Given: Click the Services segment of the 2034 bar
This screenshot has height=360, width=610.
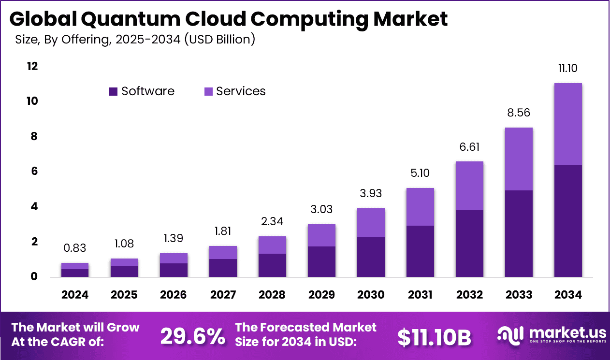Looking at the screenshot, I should pyautogui.click(x=567, y=124).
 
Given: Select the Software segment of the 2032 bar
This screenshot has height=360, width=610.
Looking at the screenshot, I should pyautogui.click(x=469, y=244).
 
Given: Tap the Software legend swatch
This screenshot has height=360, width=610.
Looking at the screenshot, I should pyautogui.click(x=114, y=91).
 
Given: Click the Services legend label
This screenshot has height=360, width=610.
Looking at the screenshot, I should pyautogui.click(x=241, y=91).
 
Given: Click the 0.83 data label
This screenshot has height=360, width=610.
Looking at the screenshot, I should pyautogui.click(x=75, y=248).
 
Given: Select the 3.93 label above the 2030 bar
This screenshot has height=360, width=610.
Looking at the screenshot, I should pyautogui.click(x=371, y=194).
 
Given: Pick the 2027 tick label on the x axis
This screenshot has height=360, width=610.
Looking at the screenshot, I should pyautogui.click(x=223, y=295).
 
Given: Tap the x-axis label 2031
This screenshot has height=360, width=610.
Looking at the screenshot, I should pyautogui.click(x=421, y=295).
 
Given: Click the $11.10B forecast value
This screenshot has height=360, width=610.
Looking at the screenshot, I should pyautogui.click(x=434, y=338).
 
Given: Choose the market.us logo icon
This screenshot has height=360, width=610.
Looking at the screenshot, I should pyautogui.click(x=511, y=334).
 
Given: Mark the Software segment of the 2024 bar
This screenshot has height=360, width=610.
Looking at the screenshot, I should pyautogui.click(x=75, y=273).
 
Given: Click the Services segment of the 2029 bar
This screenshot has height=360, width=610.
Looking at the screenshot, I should pyautogui.click(x=321, y=235).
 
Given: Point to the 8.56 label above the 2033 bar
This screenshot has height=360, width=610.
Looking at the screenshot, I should pyautogui.click(x=518, y=114).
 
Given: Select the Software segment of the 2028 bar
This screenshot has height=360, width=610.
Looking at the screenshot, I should pyautogui.click(x=273, y=265).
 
